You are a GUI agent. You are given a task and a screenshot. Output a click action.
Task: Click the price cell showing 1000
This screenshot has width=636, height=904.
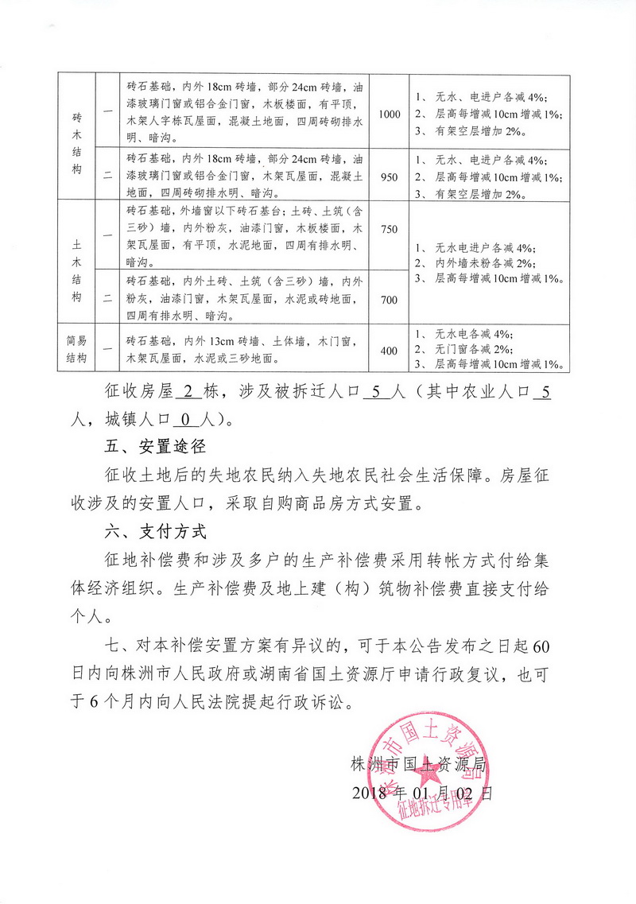coord(390,114)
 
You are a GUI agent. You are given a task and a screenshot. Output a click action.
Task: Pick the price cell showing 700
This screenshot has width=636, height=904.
coord(390,299)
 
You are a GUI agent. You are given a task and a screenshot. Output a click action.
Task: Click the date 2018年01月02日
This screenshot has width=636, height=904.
coord(421,793)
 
